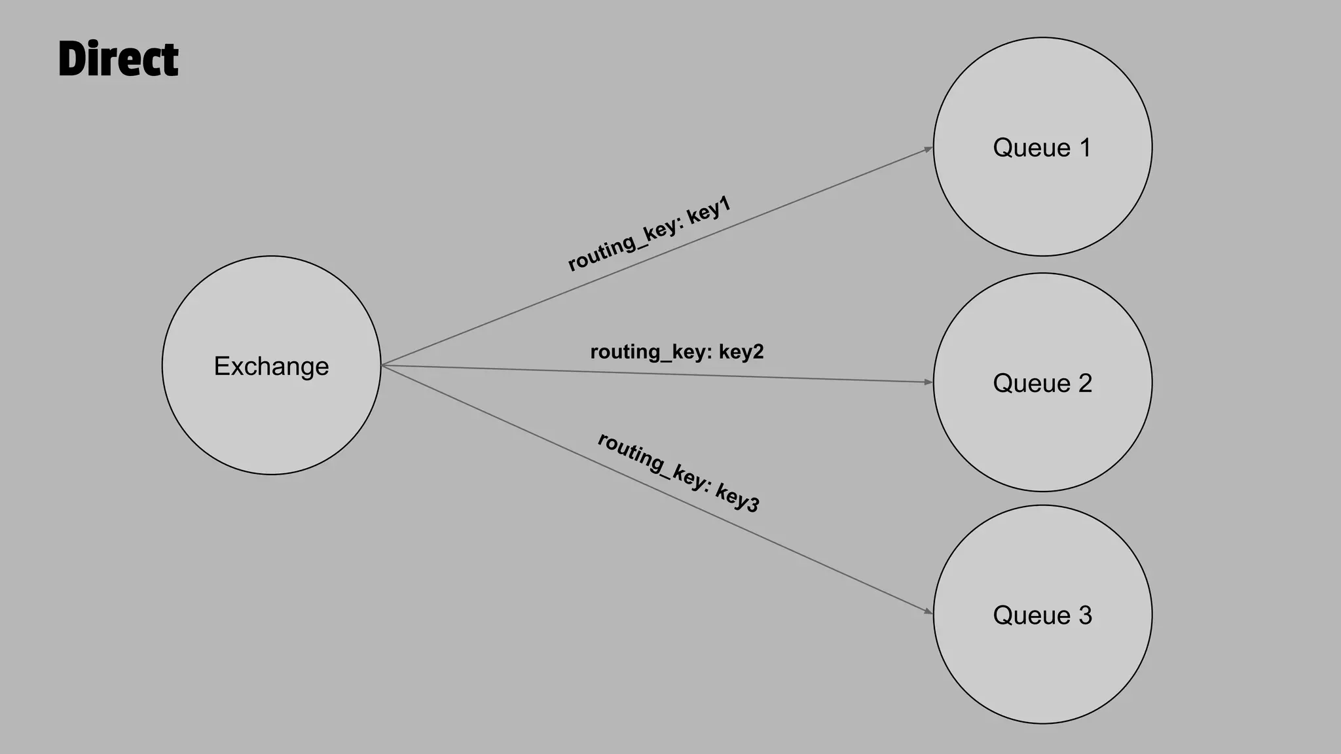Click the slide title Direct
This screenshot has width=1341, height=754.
pos(119,59)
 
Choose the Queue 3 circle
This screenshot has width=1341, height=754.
pos(1042,668)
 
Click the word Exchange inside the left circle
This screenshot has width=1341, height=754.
pos(271,367)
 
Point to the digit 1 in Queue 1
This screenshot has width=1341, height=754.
pos(1085,148)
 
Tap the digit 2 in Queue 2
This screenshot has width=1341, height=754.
pos(1085,384)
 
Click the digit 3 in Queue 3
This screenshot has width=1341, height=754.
pos(1085,615)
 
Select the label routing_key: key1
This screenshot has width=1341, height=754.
pos(649,234)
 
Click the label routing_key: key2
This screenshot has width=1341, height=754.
pos(677,352)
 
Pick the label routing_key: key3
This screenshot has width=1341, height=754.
pos(678,473)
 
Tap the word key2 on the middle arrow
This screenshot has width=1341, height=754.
pos(741,352)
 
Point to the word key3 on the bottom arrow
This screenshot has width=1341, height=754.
pos(737,498)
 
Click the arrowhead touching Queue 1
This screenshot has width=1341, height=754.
pos(928,149)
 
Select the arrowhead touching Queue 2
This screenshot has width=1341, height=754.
pos(928,382)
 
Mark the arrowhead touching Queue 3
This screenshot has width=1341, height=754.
pos(928,611)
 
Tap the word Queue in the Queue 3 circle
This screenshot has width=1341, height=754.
pos(1031,615)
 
